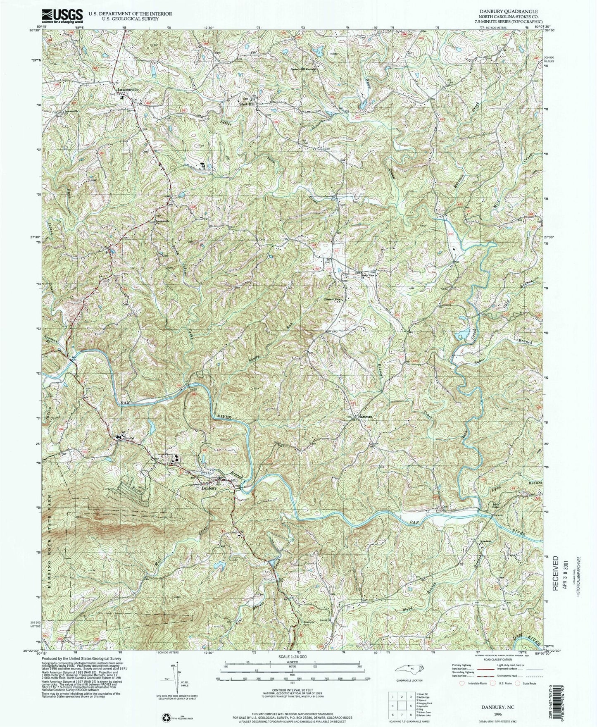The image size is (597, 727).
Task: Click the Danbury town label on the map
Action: point(209,488)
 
